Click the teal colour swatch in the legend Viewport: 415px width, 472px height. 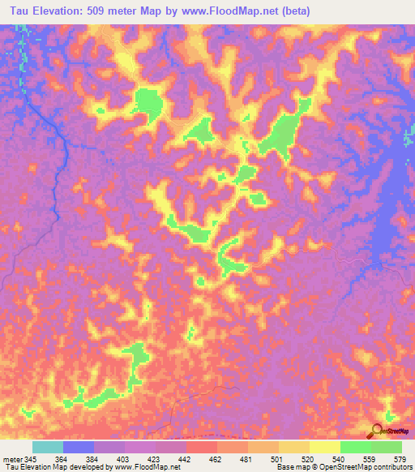tap(48, 447)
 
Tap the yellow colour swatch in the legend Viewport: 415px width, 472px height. tap(325, 447)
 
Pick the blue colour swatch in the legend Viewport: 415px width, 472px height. tap(79, 447)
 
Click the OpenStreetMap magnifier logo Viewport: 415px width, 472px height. tap(378, 431)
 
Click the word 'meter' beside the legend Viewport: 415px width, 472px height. tap(11, 459)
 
